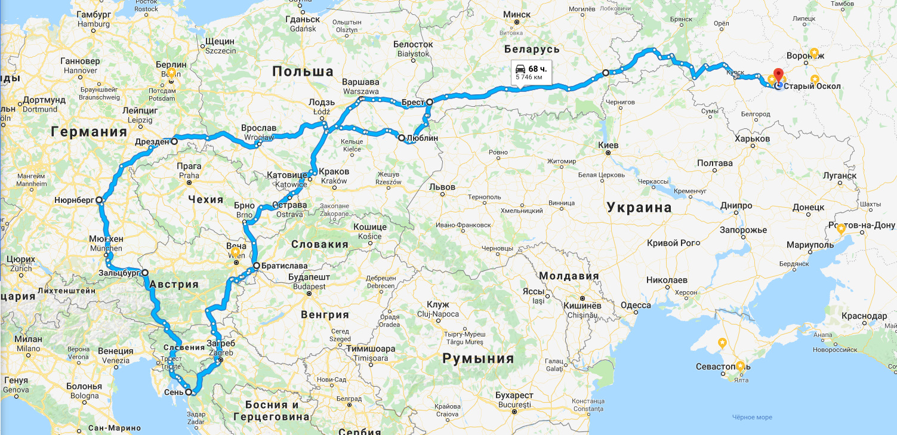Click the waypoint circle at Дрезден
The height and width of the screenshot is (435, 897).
(x=174, y=141)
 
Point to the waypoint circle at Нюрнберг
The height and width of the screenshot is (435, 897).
(x=99, y=200)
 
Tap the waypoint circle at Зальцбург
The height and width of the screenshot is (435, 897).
(x=145, y=272)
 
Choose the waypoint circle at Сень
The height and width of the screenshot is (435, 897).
(x=189, y=392)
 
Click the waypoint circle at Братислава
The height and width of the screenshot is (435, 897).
(x=256, y=266)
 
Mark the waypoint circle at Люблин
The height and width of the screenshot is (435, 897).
(x=402, y=138)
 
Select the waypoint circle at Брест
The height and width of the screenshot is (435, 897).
(x=429, y=102)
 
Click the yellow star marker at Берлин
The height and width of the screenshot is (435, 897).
(x=171, y=73)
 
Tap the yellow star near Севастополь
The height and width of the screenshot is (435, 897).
(x=740, y=366)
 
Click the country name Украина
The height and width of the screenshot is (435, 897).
(x=639, y=208)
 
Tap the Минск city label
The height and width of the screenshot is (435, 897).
(x=517, y=14)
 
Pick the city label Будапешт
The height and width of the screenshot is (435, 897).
(x=309, y=278)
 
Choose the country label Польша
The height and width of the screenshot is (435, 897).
(x=303, y=72)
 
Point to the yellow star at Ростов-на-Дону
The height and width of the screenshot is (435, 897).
(x=841, y=229)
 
